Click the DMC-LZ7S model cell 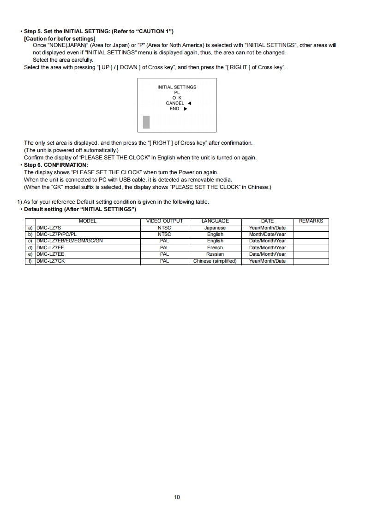(48, 228)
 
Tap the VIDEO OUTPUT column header (164, 221)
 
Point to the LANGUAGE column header (215, 221)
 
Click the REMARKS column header (311, 221)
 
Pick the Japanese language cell (215, 228)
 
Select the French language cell (215, 247)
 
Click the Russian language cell (215, 254)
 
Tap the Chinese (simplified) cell (215, 261)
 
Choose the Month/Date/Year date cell (267, 234)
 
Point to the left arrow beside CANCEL (190, 103)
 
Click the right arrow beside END (186, 109)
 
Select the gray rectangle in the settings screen (146, 122)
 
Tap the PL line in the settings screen (177, 92)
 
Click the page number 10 (177, 497)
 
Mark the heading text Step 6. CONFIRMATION (56, 165)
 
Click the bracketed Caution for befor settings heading (60, 38)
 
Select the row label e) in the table (30, 254)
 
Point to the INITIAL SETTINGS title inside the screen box (177, 87)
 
